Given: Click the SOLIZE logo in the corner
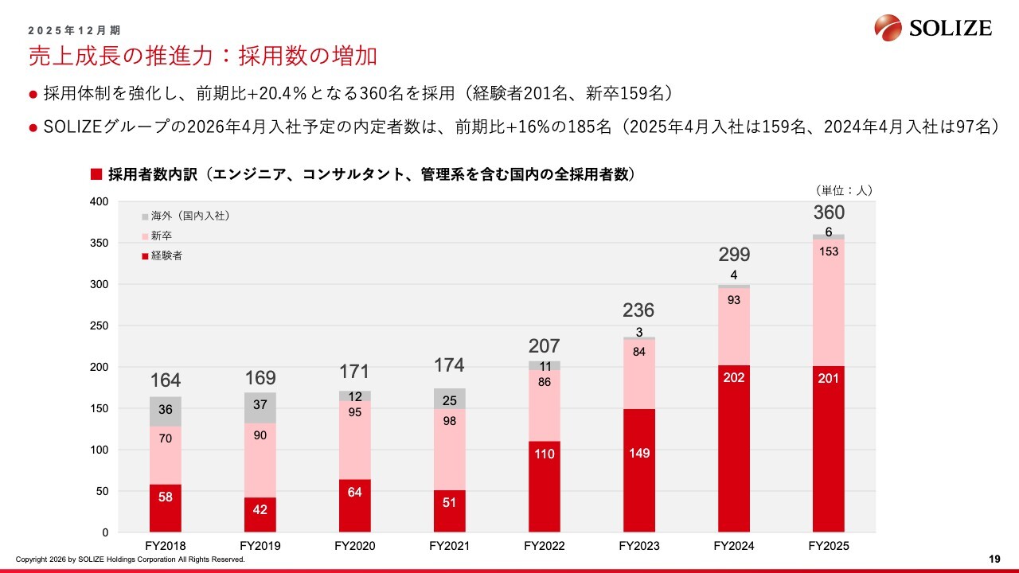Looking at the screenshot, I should tap(933, 29).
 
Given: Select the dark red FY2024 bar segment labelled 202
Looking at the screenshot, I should tap(733, 449).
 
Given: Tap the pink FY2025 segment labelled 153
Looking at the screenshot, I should tap(828, 302).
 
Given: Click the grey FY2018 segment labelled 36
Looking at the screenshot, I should tap(166, 411).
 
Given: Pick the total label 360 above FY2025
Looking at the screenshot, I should tap(829, 212).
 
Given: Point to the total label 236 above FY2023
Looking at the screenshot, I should tap(638, 310).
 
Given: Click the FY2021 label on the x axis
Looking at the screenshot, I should tap(450, 546).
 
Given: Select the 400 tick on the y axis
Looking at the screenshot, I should tap(99, 201).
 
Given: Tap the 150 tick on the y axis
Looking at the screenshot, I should tap(99, 408).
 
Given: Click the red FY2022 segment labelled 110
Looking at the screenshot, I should tap(545, 486).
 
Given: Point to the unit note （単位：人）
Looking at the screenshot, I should tap(845, 190).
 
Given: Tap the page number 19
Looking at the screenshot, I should tap(994, 559).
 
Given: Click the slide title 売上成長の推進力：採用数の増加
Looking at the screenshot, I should tap(202, 57).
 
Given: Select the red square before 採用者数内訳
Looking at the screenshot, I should tap(97, 173).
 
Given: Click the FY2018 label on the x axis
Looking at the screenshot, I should tap(166, 546).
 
